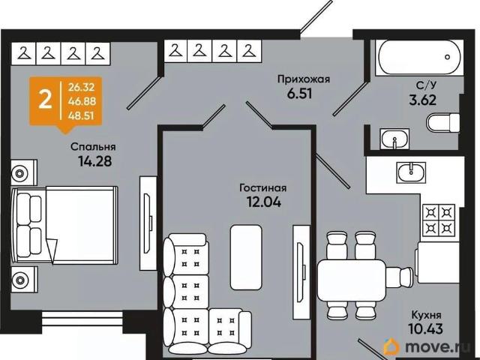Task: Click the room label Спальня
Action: [x=93, y=147]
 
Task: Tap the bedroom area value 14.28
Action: [x=95, y=161]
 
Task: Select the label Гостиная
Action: [x=263, y=187]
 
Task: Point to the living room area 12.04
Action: [x=263, y=202]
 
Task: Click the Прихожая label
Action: [x=304, y=79]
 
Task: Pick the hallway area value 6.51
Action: [x=300, y=94]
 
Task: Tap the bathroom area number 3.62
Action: [x=423, y=100]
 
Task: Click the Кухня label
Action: [x=426, y=315]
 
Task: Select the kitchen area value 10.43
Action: [x=425, y=329]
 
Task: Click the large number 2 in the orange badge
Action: [x=45, y=100]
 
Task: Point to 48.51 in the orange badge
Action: [x=81, y=116]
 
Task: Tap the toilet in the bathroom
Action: [x=442, y=123]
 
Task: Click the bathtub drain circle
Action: [x=448, y=57]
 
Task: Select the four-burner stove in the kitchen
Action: [x=439, y=220]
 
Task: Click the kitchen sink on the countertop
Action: [x=412, y=172]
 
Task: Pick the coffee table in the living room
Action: [x=246, y=257]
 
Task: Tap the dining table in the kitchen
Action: [x=352, y=280]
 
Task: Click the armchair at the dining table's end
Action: [x=399, y=277]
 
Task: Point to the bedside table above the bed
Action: [x=24, y=172]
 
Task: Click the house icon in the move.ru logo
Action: [x=391, y=346]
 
